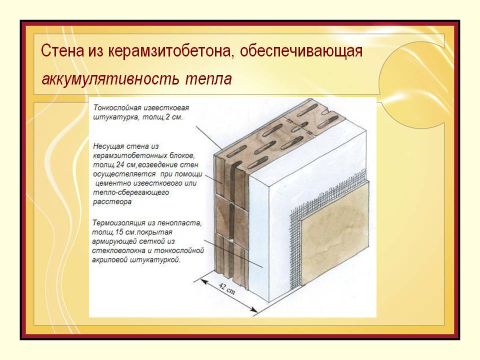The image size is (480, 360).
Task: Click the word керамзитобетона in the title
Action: (168, 51)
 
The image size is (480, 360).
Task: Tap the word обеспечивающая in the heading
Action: (301, 51)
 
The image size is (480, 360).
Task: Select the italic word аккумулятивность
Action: (110, 79)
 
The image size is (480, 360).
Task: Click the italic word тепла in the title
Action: (208, 79)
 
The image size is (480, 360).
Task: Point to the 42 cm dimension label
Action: (227, 288)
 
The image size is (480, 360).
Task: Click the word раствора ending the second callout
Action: (112, 202)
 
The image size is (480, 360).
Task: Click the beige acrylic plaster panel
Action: (334, 233)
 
